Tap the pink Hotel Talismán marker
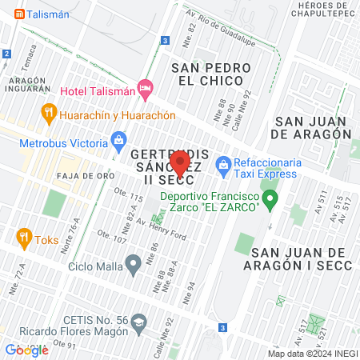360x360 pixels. (x=145, y=88)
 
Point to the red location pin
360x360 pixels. (x=180, y=165)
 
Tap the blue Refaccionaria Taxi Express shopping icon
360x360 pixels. (x=223, y=166)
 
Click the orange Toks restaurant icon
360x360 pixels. (x=23, y=237)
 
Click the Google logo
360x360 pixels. (x=26, y=350)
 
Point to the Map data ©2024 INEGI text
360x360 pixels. (x=312, y=354)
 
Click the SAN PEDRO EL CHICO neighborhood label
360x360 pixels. (x=211, y=75)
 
